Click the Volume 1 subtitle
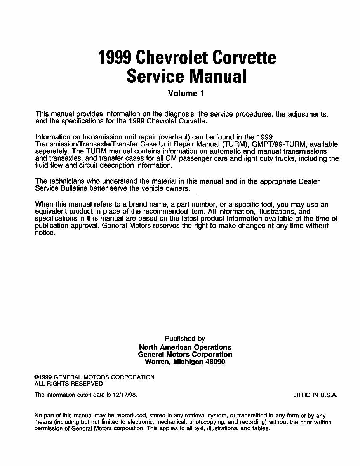[186, 93]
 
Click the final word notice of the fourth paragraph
[45, 233]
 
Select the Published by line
[185, 339]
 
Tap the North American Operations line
[185, 347]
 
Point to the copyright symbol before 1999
[37, 377]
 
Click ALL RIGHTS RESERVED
[69, 384]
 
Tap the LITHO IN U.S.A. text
[315, 395]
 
